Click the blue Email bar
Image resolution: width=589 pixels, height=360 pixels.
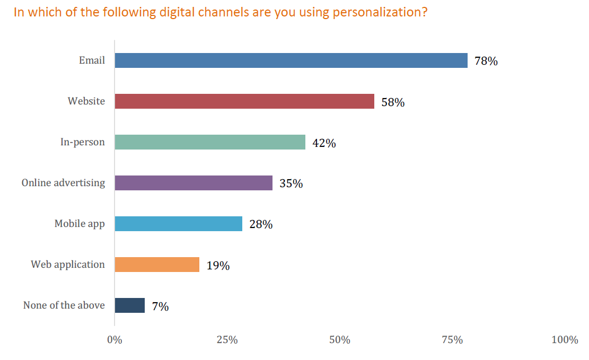(291, 60)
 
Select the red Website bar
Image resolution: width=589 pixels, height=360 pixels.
(244, 101)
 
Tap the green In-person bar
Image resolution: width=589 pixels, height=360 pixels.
(210, 142)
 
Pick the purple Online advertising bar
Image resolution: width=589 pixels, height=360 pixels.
(194, 183)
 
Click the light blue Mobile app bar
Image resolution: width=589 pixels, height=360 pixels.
(179, 224)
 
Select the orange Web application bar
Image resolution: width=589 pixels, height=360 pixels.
(157, 265)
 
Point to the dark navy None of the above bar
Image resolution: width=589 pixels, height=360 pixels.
(130, 305)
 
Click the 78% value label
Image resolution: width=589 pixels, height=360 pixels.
(486, 62)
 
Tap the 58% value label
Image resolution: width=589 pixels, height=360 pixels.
(393, 102)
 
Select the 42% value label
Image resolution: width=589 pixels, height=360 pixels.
(324, 143)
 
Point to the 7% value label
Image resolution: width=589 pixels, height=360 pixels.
(160, 306)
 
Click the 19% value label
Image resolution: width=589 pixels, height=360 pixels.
(218, 266)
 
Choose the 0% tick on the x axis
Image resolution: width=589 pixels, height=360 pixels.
(115, 340)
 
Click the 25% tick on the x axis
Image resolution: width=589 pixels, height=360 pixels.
(227, 340)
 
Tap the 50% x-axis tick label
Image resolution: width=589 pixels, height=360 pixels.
(339, 340)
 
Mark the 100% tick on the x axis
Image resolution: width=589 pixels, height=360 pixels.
(565, 340)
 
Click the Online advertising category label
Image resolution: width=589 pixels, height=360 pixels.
(63, 183)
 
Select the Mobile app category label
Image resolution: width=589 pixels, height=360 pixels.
(80, 224)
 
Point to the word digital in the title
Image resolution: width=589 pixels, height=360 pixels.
(178, 13)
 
